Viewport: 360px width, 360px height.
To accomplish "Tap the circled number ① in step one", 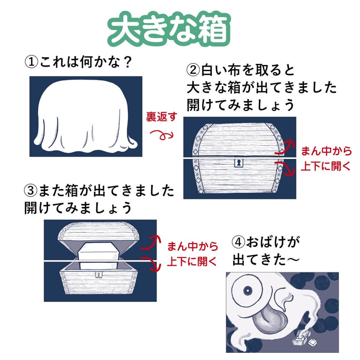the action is click(x=31, y=62).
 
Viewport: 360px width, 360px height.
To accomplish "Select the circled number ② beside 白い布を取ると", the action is click(x=193, y=70).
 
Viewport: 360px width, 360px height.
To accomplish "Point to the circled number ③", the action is click(x=31, y=190).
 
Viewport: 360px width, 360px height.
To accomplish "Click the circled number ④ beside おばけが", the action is click(x=239, y=242).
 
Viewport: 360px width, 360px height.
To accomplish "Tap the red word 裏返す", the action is click(x=162, y=117).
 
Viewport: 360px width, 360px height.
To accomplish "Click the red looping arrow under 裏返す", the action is click(x=162, y=135).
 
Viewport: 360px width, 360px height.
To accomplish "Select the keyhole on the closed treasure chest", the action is click(x=239, y=163).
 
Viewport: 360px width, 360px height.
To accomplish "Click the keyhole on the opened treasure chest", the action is click(x=99, y=274).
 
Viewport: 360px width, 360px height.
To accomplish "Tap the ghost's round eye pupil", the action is click(x=248, y=291).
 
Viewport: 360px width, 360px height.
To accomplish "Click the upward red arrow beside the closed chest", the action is click(x=285, y=147).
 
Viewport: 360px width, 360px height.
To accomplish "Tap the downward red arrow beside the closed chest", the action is click(x=285, y=168).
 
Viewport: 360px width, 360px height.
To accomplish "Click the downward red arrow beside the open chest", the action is click(x=151, y=264).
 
